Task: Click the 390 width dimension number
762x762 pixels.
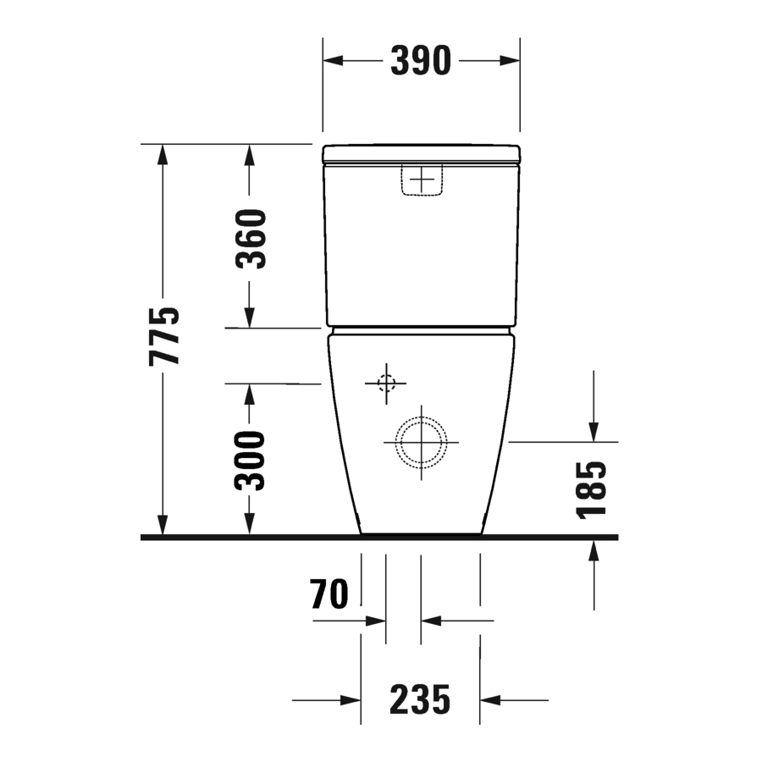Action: (421, 61)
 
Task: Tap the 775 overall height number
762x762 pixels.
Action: (163, 336)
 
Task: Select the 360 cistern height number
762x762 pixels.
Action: (251, 239)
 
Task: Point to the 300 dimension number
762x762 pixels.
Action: (250, 461)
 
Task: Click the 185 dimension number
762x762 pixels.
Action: (592, 490)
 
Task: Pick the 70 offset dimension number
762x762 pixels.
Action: (329, 594)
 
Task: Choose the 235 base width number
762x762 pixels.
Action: (420, 700)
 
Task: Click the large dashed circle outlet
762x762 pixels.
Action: (421, 417)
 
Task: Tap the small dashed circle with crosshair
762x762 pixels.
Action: (386, 384)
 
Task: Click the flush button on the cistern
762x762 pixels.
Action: (422, 180)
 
